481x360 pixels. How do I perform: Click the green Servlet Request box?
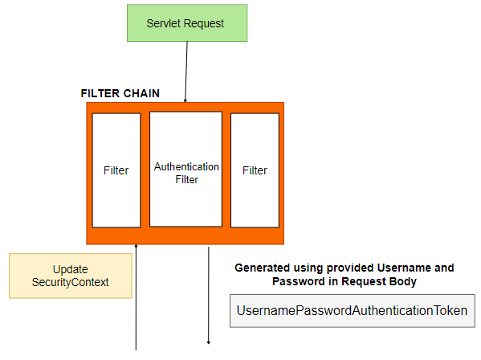185,22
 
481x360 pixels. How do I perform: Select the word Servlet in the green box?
163,22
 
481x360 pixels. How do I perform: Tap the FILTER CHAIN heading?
120,93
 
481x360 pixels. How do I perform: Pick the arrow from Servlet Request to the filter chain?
186,72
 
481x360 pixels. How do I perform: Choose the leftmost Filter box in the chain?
116,170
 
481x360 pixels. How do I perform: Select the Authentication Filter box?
185,170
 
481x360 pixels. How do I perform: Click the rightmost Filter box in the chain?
255,170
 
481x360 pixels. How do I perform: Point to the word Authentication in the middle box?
186,167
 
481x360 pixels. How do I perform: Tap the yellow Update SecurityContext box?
70,276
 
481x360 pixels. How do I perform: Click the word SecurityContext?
70,282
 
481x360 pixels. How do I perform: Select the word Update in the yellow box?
70,269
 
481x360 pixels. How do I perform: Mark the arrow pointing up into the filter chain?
137,297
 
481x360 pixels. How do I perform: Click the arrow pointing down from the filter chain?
208,297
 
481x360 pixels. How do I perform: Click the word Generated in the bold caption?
260,268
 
